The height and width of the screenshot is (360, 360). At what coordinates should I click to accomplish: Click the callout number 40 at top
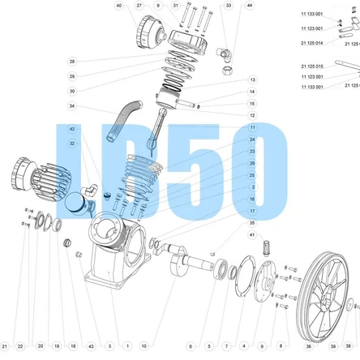(x=119, y=6)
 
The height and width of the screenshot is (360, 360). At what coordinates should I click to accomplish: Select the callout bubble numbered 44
(x=249, y=6)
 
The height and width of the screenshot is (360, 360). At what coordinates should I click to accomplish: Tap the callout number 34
(x=72, y=106)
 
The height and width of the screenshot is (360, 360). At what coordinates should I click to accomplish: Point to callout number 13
(x=252, y=80)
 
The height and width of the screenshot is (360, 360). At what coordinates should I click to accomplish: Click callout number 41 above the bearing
(x=252, y=234)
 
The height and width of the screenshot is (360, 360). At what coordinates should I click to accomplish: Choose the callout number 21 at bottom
(x=4, y=347)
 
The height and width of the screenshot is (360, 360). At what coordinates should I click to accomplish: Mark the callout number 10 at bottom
(x=144, y=347)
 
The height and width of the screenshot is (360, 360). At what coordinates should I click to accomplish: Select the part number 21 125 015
(x=311, y=66)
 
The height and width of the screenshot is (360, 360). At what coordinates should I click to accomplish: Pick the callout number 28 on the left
(x=72, y=62)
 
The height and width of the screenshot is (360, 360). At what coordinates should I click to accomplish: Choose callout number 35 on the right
(x=252, y=222)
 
